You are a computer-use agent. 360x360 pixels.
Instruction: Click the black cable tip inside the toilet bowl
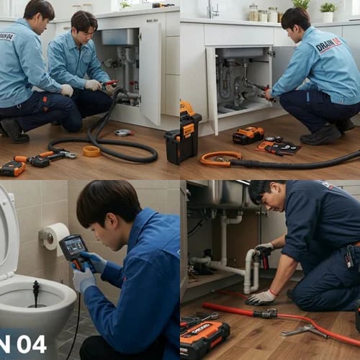(35, 291)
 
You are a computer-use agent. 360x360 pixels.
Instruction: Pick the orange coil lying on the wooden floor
(220, 159)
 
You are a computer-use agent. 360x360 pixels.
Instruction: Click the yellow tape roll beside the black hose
(91, 151)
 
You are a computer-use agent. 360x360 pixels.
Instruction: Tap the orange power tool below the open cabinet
(249, 135)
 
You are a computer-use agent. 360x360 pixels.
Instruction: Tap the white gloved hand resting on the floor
(260, 297)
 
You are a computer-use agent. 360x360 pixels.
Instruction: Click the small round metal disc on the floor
(123, 132)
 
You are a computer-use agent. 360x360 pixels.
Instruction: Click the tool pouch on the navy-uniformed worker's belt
(351, 256)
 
